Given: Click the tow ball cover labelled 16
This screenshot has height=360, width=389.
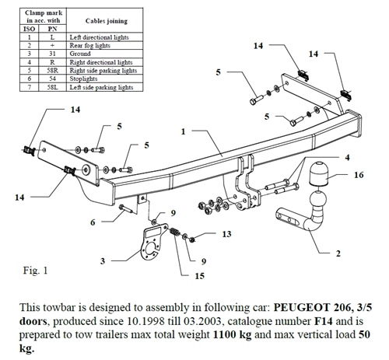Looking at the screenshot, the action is coord(318,174).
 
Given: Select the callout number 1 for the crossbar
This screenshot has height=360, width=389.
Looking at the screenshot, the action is coord(184,131).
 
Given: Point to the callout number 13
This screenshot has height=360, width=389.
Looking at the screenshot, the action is coord(226,234).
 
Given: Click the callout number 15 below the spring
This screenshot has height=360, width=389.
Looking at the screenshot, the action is coord(199,276).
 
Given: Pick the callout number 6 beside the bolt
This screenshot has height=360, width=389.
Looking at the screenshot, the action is coord(93,222).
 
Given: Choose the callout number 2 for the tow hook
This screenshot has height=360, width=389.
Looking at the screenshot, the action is coord(338,253).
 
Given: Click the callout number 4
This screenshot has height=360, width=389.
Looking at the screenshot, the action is coord(347,158).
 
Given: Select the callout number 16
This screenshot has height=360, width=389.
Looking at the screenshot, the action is coord(359,175).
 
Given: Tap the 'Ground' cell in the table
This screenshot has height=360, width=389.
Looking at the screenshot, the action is coord(80,54).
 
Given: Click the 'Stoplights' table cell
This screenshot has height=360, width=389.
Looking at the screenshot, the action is coord(83,79).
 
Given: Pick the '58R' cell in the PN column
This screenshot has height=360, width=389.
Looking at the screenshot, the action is coord(52,71).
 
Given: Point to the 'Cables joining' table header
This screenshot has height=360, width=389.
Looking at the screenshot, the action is coord(107,21).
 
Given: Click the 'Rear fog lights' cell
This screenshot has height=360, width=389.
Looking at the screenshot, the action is coord(89,46).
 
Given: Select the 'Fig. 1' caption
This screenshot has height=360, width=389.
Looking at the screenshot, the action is coord(35,271).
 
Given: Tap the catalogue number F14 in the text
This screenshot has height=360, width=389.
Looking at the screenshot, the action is coord(324,321).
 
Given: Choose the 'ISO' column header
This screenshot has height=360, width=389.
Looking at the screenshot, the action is coord(29,29).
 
